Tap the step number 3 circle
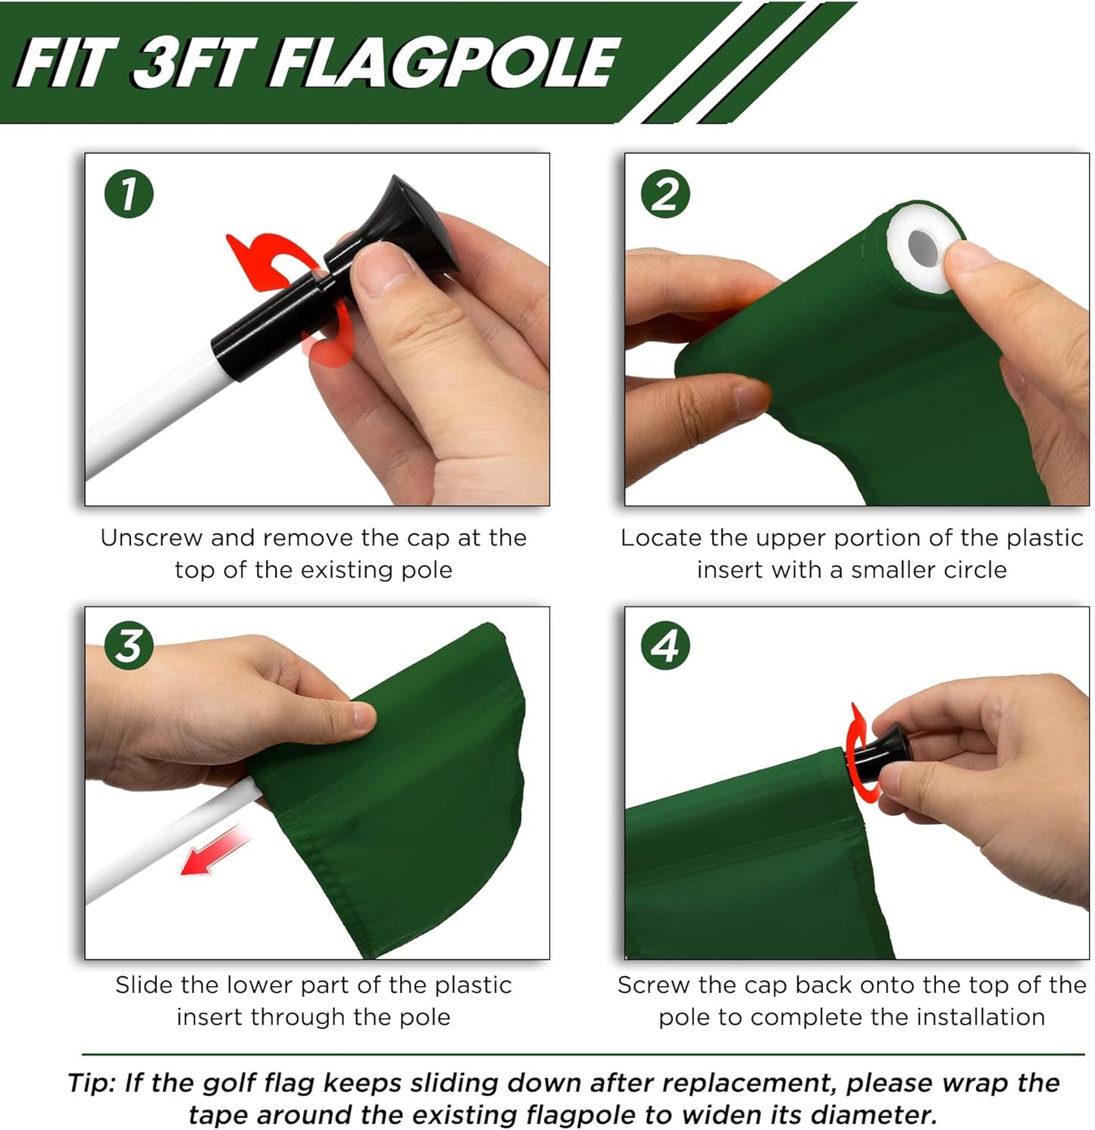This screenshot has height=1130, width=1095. pos(129,646)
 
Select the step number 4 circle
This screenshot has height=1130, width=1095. pos(665,646)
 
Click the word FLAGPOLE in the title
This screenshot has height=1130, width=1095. pos(444,64)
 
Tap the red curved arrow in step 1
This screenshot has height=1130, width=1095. pos(261,261)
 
